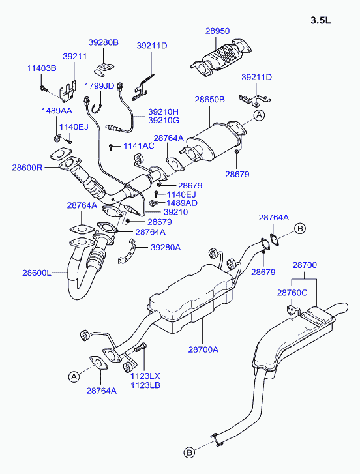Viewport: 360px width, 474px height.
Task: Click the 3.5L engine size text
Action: [x=321, y=21]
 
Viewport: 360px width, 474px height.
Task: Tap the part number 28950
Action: [x=217, y=31]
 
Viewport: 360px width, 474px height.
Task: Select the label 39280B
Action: [x=104, y=42]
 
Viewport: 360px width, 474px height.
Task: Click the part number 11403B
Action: [x=42, y=68]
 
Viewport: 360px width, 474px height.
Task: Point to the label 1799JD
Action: [x=99, y=86]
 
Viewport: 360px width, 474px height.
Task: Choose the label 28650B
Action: [x=209, y=100]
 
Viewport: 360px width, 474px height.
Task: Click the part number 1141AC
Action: [x=139, y=145]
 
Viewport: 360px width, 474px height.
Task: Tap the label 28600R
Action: [x=27, y=167]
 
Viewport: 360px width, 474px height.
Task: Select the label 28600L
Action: [x=37, y=273]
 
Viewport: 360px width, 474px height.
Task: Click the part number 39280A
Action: [x=166, y=248]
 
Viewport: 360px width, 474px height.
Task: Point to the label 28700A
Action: [x=203, y=349]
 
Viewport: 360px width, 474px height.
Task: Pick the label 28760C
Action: [x=292, y=293]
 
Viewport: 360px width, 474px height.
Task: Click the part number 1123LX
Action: [x=145, y=376]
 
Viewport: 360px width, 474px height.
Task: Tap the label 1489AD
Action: [x=182, y=203]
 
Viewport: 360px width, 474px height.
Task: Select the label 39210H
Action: [x=163, y=111]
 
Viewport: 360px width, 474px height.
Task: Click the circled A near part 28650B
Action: [x=259, y=115]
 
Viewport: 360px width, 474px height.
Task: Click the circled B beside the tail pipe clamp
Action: [x=189, y=452]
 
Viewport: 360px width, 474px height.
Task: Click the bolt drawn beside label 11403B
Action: [x=43, y=88]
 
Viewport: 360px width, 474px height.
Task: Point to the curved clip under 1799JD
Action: [x=97, y=108]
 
